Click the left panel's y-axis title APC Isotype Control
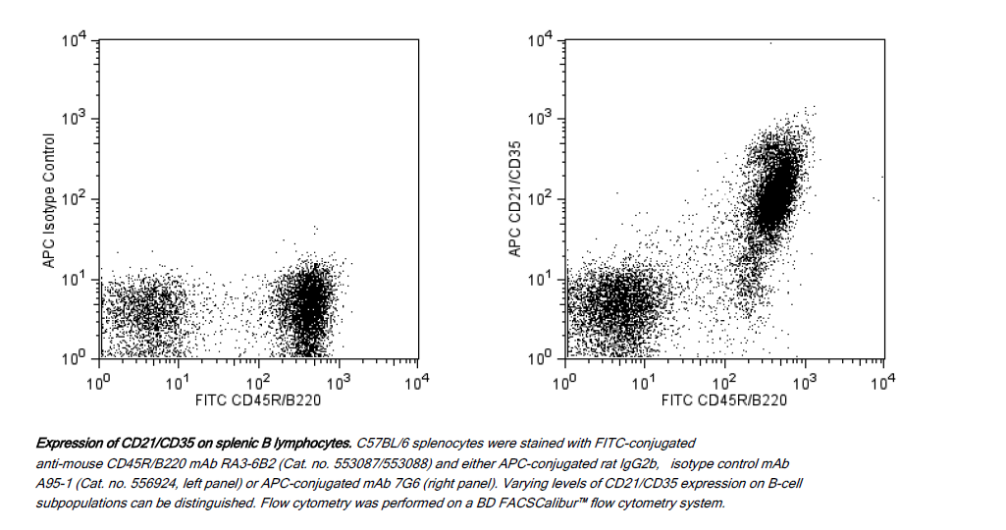click(x=47, y=201)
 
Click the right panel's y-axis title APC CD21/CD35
click(x=514, y=199)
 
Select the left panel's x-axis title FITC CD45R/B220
click(x=257, y=399)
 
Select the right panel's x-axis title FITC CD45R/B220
click(x=723, y=399)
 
